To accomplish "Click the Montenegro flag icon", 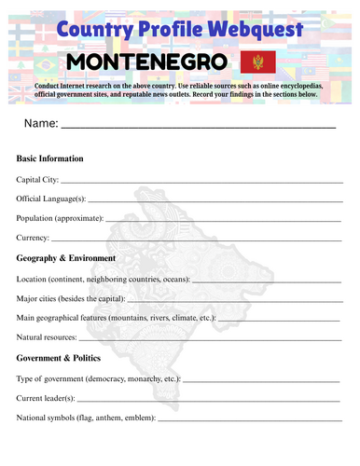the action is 252,63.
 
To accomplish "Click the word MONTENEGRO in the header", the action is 148,63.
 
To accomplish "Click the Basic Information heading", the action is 50,158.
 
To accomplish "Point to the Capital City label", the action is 37,179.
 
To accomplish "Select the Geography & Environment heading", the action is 66,258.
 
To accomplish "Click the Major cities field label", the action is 71,299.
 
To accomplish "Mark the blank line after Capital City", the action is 201,181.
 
